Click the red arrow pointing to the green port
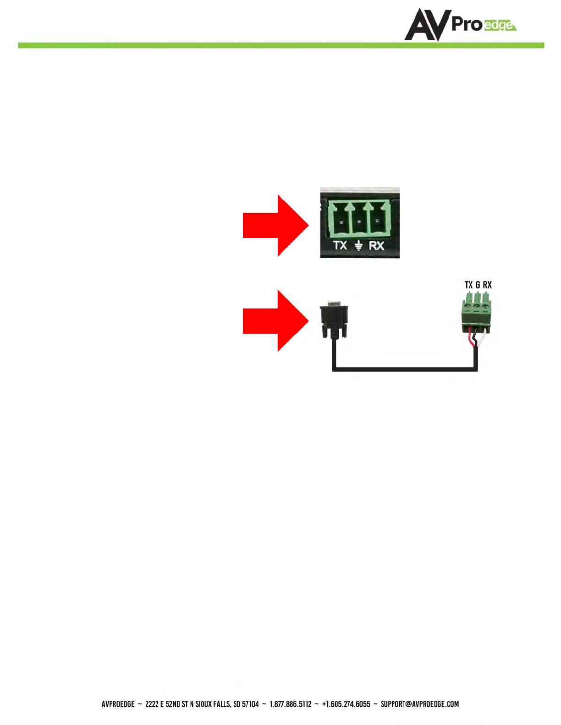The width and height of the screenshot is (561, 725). coord(275,225)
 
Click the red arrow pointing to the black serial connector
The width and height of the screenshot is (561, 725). coord(275,320)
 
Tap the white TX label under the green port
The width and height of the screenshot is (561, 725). coord(340,245)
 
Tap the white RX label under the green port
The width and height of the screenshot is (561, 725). coord(376,245)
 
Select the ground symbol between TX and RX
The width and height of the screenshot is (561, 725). coord(358,246)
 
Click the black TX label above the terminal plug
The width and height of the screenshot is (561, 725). coord(468,285)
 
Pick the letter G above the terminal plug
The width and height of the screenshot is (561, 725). coord(478,285)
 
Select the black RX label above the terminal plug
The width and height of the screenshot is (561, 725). coord(487,285)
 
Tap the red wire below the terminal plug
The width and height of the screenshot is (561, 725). coord(470,341)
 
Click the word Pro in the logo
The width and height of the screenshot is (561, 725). coord(467,24)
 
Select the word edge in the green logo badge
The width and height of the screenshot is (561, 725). coord(499,25)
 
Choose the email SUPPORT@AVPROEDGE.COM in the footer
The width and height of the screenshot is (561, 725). coord(419,704)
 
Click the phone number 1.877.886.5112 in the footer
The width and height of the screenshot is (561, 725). coord(290,704)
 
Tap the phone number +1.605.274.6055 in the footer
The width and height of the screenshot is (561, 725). coord(346,704)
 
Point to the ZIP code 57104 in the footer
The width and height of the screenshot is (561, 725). coord(250,704)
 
